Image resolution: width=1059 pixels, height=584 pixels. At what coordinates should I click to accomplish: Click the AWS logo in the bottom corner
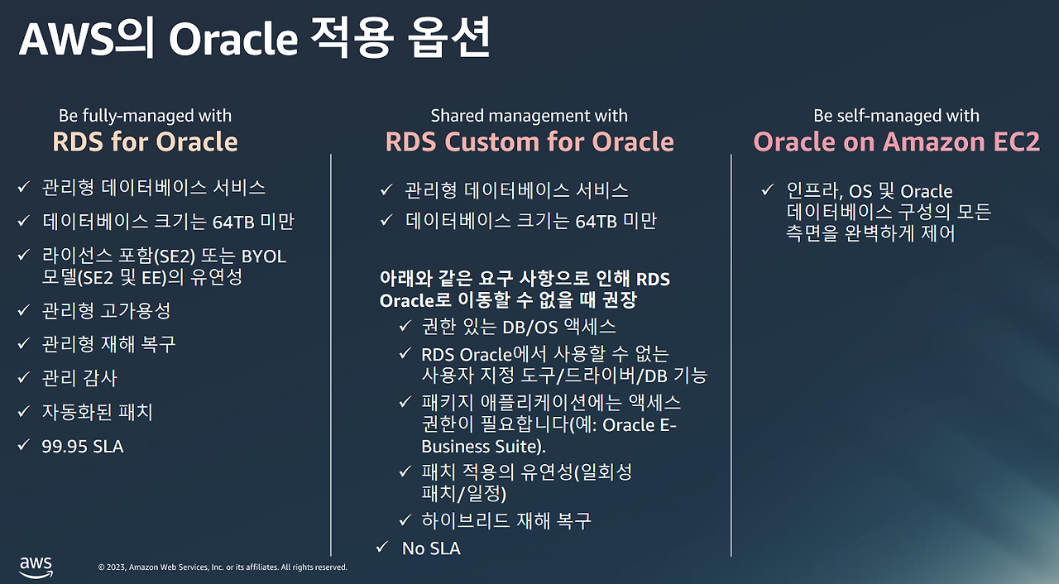click(x=36, y=565)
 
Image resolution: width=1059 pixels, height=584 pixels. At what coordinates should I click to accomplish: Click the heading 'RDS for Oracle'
click(x=145, y=141)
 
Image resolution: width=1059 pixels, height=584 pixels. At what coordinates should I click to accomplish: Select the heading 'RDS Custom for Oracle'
click(x=529, y=141)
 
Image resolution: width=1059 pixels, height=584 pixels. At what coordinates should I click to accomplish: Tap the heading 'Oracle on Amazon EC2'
click(x=896, y=141)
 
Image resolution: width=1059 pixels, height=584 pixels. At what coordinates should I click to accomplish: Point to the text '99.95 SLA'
click(x=83, y=447)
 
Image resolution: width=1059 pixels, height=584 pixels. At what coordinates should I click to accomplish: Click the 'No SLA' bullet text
click(x=431, y=548)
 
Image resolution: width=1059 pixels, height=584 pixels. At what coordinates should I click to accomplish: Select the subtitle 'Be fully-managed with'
click(x=145, y=116)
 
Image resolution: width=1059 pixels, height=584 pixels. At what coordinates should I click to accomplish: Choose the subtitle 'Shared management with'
click(x=529, y=116)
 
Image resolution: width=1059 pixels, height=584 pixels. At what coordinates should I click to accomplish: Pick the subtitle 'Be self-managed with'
click(x=896, y=116)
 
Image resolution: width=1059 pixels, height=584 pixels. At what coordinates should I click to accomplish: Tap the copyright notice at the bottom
click(x=223, y=567)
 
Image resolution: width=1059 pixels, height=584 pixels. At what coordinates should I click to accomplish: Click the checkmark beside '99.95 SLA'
click(x=22, y=446)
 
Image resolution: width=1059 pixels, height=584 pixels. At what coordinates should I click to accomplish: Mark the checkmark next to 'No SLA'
click(x=381, y=548)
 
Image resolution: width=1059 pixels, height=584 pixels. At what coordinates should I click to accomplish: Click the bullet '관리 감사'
click(x=80, y=378)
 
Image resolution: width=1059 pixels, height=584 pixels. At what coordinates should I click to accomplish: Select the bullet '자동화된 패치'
click(x=98, y=412)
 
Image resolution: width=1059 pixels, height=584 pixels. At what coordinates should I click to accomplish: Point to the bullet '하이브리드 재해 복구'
click(x=506, y=521)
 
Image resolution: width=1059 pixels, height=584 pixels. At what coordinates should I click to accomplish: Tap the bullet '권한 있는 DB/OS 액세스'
click(x=519, y=327)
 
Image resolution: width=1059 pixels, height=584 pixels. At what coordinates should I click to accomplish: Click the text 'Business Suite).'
click(x=483, y=447)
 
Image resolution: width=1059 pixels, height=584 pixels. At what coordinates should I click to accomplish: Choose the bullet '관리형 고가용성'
click(x=107, y=310)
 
